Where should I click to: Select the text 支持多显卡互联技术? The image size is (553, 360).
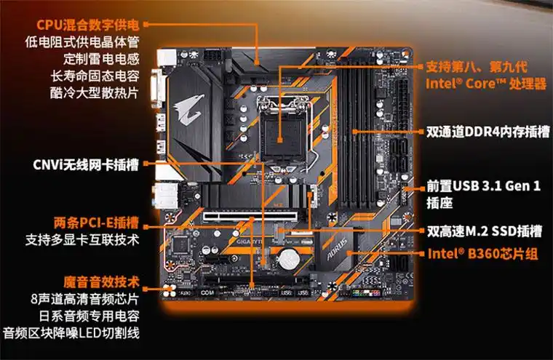(x=82, y=239)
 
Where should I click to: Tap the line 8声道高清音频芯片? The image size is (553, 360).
(x=85, y=299)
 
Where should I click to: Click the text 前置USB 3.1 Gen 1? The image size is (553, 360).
(x=483, y=187)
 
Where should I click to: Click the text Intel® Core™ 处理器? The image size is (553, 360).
(x=486, y=84)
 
